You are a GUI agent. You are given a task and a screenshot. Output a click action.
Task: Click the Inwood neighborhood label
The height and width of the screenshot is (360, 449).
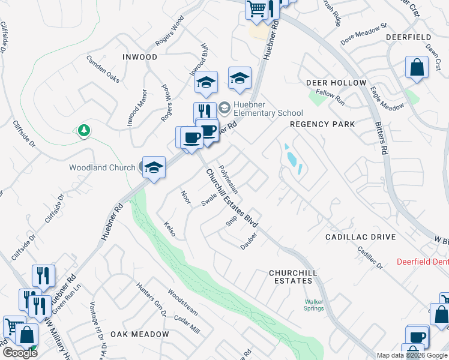pyautogui.click(x=139, y=57)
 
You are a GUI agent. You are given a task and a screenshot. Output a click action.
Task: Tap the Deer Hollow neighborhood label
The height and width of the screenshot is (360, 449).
pyautogui.click(x=336, y=82)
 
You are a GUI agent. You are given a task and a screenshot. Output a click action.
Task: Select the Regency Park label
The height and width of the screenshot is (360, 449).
pyautogui.click(x=322, y=124)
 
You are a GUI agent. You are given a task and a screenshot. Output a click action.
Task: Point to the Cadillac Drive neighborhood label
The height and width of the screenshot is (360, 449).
pyautogui.click(x=360, y=237)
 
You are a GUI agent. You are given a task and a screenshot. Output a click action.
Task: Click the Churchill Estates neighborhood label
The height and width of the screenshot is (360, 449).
pyautogui.click(x=293, y=277)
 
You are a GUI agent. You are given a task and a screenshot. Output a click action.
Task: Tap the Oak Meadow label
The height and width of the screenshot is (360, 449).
pyautogui.click(x=139, y=334)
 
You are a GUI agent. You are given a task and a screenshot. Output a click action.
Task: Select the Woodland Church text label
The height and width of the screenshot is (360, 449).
pyautogui.click(x=102, y=168)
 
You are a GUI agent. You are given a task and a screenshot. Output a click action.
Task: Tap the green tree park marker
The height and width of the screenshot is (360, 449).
pyautogui.click(x=85, y=130)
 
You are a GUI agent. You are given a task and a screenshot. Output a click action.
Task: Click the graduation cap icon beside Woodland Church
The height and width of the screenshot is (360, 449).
pyautogui.click(x=153, y=167)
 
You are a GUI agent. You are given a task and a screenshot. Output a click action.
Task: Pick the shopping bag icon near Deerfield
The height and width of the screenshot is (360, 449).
pyautogui.click(x=417, y=68)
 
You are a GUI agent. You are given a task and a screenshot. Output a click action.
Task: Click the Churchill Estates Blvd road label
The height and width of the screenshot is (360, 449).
pyautogui.click(x=232, y=197)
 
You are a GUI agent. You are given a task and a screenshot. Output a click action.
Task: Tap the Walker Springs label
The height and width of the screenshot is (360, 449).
pyautogui.click(x=314, y=305)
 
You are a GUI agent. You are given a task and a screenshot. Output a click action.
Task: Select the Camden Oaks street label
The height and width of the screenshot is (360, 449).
pyautogui.click(x=103, y=69)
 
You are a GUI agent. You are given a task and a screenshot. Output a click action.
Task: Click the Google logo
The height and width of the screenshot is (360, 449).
pyautogui.click(x=19, y=353)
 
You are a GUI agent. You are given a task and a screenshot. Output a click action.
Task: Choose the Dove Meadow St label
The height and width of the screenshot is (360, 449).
pyautogui.click(x=364, y=35)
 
